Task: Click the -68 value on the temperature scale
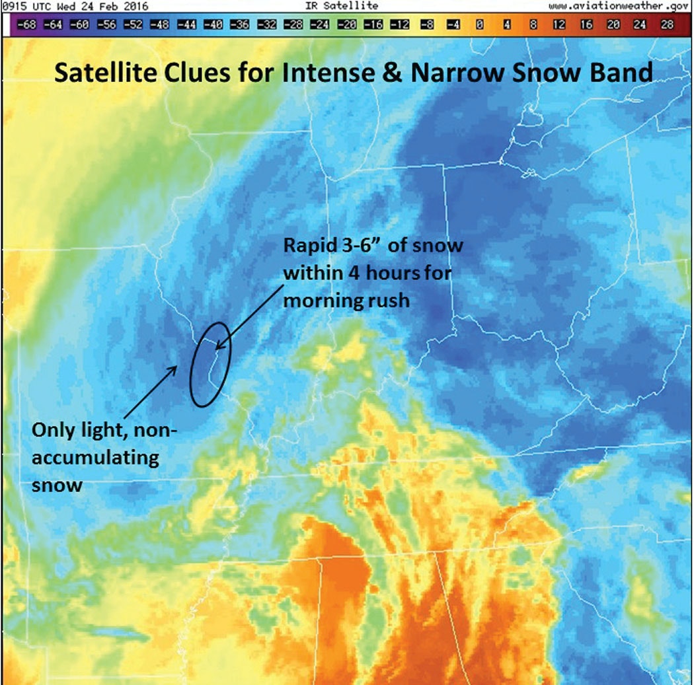pos(27,24)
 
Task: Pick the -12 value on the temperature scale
pos(400,24)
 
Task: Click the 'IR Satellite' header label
pos(342,6)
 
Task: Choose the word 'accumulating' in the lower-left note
pos(96,458)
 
